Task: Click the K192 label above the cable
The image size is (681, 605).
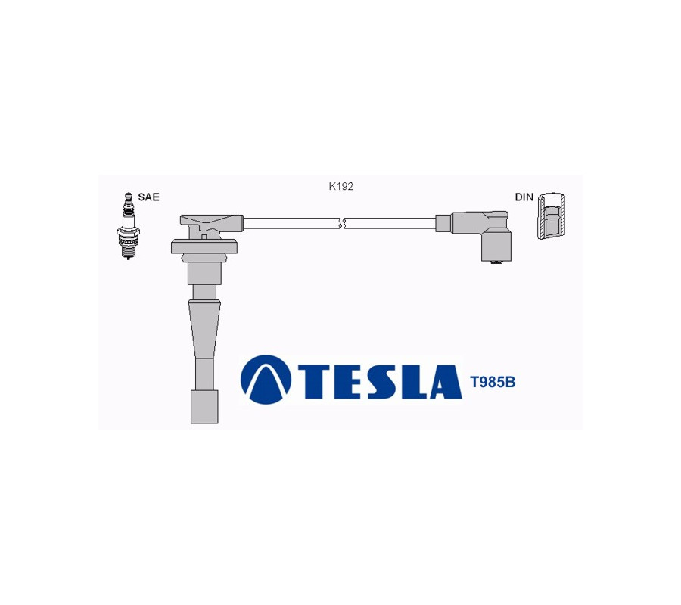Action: (x=341, y=187)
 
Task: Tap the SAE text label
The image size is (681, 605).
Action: (x=148, y=197)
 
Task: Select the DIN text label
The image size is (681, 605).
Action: (x=524, y=197)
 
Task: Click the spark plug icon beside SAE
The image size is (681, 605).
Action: (x=127, y=226)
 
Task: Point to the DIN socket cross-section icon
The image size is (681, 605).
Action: (x=551, y=215)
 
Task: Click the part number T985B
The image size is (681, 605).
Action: (x=493, y=383)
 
